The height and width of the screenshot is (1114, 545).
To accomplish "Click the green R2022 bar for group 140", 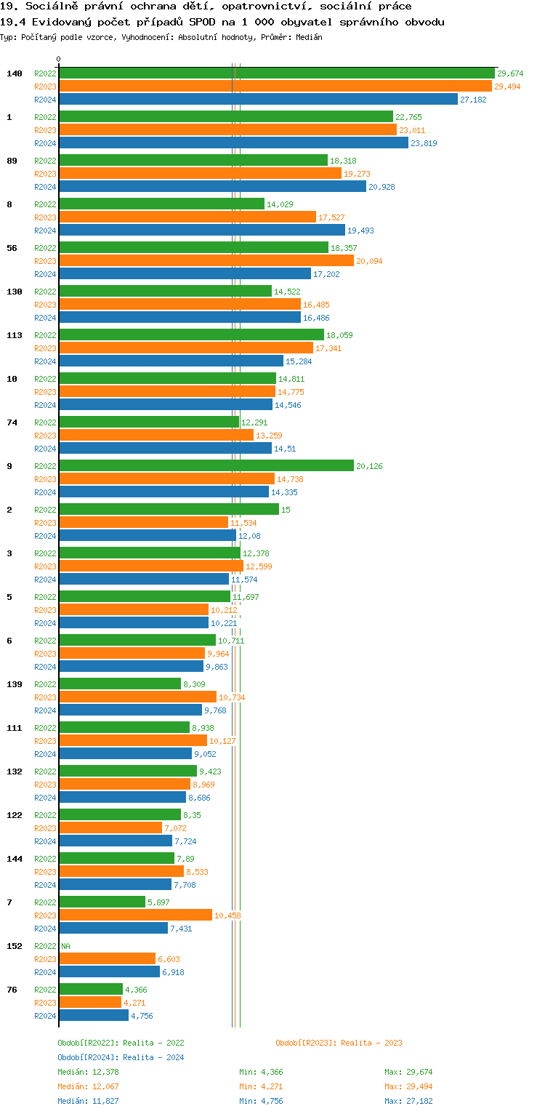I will [x=276, y=73].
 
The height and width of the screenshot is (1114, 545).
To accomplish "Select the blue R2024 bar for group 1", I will [x=233, y=143].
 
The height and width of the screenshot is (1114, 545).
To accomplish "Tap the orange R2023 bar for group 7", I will [x=135, y=915].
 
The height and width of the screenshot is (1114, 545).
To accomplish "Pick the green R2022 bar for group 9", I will [x=206, y=465].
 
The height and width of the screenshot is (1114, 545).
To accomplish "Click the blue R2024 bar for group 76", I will [x=93, y=1015].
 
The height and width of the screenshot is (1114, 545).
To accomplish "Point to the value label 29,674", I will [x=510, y=73].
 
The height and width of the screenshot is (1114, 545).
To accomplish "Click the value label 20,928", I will [x=382, y=187].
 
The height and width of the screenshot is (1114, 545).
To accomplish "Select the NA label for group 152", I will [x=65, y=946].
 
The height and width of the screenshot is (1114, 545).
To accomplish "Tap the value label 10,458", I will [x=227, y=915].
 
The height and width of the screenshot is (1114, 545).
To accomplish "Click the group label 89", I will [x=12, y=161].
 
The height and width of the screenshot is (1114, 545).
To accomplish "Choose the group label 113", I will [x=15, y=335].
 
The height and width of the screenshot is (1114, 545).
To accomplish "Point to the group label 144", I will [x=15, y=859].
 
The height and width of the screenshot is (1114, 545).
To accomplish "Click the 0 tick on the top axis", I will [x=59, y=60].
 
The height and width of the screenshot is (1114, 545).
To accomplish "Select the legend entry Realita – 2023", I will [x=339, y=1043].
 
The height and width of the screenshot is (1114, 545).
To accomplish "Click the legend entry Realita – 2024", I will [x=121, y=1057].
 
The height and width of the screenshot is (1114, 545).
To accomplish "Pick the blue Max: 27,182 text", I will [x=408, y=1101].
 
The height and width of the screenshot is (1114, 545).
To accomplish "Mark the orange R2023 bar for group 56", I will [x=206, y=260].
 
